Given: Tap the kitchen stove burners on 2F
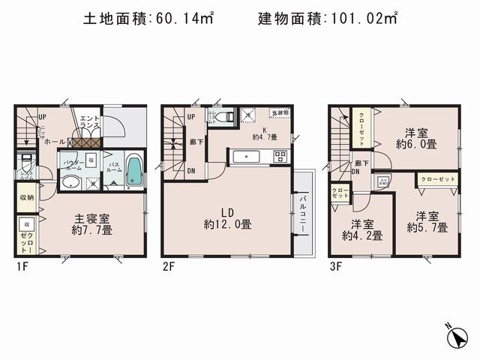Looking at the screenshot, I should (x=280, y=156).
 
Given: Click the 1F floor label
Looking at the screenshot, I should (x=24, y=265).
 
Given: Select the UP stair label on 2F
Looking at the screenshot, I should (x=190, y=116).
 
